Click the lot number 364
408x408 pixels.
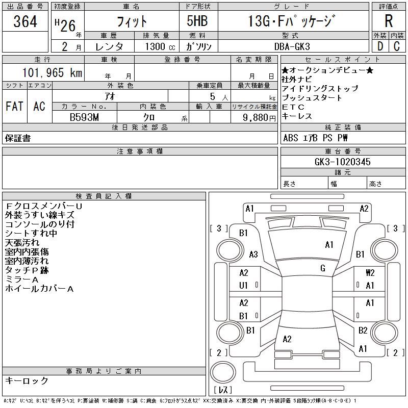[25, 22]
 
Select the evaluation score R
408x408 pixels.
[389, 21]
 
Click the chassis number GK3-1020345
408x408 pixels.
[343, 162]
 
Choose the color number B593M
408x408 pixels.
[84, 117]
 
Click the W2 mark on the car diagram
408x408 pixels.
[370, 273]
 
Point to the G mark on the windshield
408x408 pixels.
[322, 268]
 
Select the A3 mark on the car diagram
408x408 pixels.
[253, 254]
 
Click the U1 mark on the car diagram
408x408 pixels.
[243, 286]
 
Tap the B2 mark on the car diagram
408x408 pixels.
[363, 330]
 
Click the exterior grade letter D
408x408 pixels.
[379, 46]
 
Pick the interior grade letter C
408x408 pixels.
[397, 46]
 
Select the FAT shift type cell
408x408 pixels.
[14, 106]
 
